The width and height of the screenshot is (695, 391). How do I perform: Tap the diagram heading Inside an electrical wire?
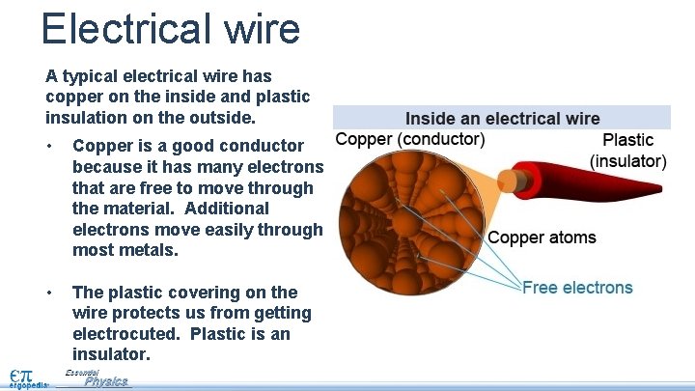[x=502, y=119]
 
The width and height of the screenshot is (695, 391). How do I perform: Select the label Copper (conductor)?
[x=410, y=139]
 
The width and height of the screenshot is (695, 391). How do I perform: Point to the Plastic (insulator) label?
[x=627, y=151]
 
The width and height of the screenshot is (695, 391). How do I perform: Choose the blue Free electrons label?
[x=577, y=287]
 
